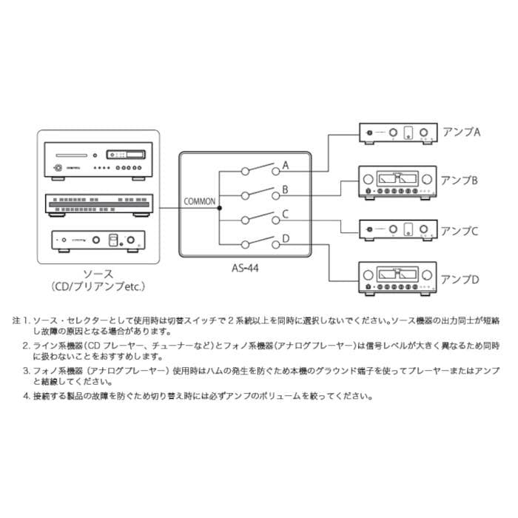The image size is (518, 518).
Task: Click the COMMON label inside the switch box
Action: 200,201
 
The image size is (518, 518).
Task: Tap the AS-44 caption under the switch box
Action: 246,271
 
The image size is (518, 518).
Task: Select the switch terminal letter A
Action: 285,166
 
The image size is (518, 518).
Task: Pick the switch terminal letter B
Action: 285,191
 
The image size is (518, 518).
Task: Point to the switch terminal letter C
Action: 285,215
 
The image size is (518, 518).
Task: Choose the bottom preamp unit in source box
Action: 98,241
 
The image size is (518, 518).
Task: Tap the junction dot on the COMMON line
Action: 220,208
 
